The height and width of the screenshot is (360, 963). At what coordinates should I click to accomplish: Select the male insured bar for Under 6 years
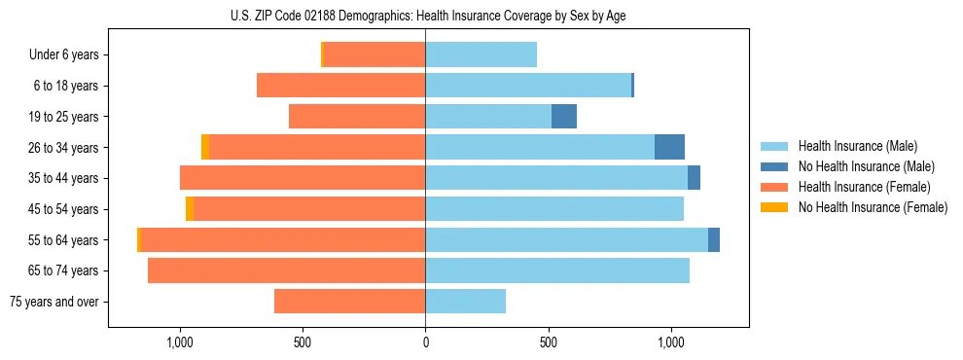click(x=481, y=54)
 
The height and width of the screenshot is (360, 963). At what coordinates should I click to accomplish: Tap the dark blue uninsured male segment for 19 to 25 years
click(x=564, y=116)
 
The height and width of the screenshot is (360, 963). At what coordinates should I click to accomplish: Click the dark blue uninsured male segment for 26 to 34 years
click(x=669, y=147)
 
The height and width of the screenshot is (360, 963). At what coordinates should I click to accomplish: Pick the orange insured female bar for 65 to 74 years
click(x=286, y=270)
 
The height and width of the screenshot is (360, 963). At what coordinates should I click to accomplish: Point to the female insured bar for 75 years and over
click(x=349, y=302)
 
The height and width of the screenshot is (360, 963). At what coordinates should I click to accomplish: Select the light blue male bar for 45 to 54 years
click(x=554, y=208)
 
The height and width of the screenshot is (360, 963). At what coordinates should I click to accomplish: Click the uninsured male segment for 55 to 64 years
click(x=714, y=239)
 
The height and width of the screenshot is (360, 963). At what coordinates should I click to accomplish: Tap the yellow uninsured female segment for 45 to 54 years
click(x=190, y=208)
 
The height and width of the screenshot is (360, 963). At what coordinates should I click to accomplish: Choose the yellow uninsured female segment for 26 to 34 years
click(x=205, y=147)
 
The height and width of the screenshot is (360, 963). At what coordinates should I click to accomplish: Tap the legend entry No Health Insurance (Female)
click(x=872, y=207)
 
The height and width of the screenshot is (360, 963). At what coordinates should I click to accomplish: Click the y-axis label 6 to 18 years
click(x=66, y=86)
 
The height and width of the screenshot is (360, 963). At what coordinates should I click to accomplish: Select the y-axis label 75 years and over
click(x=54, y=302)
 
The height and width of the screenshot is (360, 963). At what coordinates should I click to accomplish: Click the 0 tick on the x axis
click(x=425, y=342)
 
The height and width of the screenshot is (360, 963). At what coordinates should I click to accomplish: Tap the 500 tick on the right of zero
click(x=548, y=342)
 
